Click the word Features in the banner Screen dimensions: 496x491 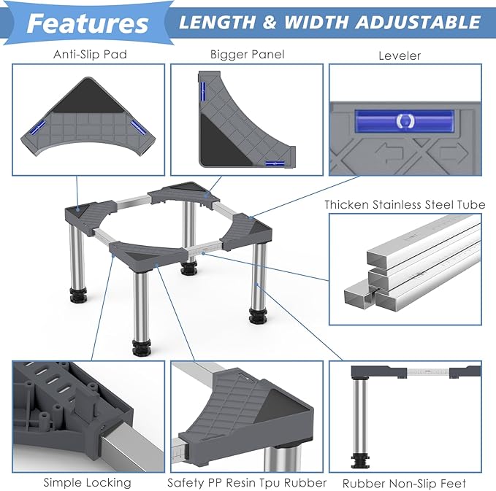coord(88,23)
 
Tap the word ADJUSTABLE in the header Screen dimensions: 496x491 coord(418,23)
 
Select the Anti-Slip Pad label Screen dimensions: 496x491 coord(90,54)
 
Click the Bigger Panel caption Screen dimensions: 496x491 coord(248,54)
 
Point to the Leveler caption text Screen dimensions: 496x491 coord(400,56)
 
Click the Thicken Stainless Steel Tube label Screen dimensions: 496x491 coord(405,205)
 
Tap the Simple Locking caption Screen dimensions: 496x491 coord(88,483)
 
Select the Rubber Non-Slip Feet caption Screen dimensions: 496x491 coord(404,484)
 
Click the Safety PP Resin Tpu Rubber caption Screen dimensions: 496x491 coord(247,483)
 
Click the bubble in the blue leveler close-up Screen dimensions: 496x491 coord(405,120)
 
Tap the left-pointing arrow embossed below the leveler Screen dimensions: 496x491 coord(389,152)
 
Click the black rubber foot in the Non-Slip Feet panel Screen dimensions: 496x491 coord(360,460)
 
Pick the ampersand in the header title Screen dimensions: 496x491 coord(270,23)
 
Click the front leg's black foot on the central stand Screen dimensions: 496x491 coord(142,348)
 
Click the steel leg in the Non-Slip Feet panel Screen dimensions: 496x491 coord(360,417)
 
